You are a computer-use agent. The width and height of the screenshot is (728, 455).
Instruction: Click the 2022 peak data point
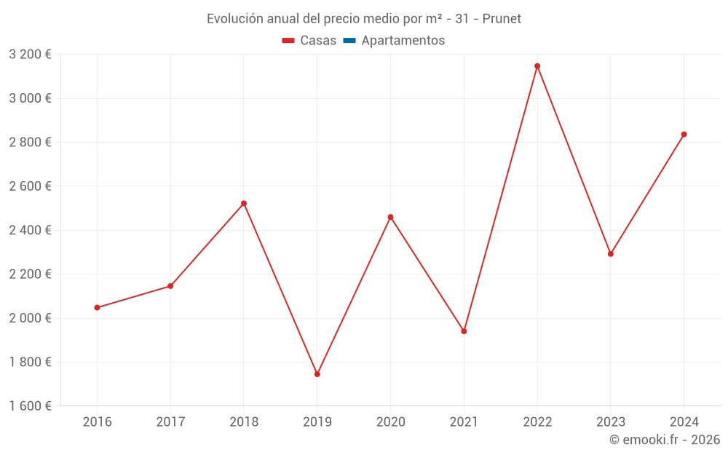[537, 66]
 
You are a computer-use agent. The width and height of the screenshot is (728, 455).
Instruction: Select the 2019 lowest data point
[317, 374]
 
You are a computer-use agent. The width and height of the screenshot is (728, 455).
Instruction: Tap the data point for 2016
[98, 307]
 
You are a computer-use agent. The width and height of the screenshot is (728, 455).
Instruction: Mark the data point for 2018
[244, 203]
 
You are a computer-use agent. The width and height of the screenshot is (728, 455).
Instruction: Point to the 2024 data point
[684, 135]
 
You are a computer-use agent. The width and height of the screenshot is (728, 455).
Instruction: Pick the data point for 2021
[464, 331]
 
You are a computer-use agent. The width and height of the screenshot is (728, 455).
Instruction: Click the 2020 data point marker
[390, 217]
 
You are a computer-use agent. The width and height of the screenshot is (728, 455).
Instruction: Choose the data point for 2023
[610, 254]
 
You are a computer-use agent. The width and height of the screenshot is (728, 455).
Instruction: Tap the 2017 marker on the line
[170, 286]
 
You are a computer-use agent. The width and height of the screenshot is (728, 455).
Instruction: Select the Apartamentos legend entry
[403, 41]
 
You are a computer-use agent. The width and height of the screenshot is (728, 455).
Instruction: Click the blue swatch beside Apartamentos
[349, 41]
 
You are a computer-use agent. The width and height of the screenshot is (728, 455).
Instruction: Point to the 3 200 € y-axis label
[30, 55]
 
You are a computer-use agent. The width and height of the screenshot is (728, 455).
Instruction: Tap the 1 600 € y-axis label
[30, 406]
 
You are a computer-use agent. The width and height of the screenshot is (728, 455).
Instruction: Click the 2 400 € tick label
[30, 230]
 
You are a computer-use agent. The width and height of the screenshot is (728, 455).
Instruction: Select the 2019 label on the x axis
[317, 422]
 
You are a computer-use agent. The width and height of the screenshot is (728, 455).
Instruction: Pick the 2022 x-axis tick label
[537, 422]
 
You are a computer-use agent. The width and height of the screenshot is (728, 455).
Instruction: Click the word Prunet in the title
[502, 19]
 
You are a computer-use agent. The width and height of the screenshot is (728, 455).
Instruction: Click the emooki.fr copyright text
[664, 440]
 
